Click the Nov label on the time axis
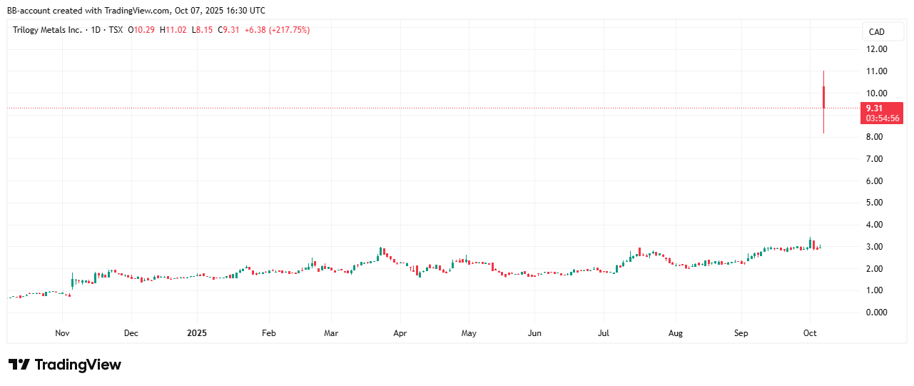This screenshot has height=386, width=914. (62, 332)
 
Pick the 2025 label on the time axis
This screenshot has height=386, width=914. (196, 332)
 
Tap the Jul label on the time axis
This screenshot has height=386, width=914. (604, 332)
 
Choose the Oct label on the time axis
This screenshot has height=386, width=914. (809, 332)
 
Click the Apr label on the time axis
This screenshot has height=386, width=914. (400, 332)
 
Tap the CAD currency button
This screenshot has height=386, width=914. (876, 31)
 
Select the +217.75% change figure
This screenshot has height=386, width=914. (290, 30)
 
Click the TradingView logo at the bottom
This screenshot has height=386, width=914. (65, 365)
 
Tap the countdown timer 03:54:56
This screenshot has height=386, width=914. (882, 118)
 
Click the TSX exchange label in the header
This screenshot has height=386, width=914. (114, 30)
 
